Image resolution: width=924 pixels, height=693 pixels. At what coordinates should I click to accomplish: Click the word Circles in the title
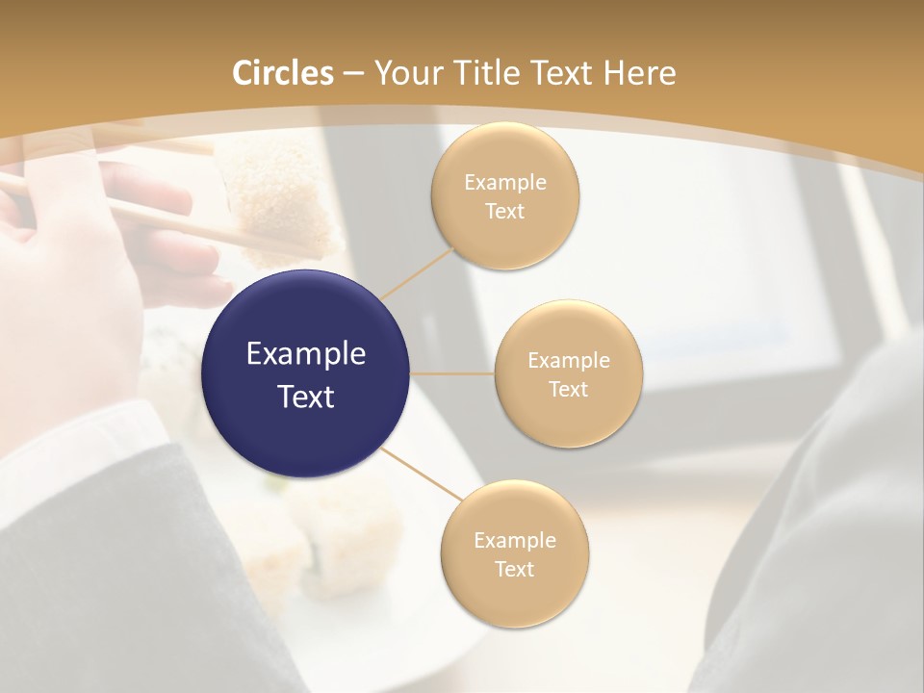click(x=283, y=73)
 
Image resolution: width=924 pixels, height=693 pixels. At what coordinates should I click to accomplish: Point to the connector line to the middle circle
click(x=452, y=372)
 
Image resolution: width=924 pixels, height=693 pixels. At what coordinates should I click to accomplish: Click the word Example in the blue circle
click(x=306, y=354)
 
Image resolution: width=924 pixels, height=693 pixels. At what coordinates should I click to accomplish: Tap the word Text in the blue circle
click(x=306, y=397)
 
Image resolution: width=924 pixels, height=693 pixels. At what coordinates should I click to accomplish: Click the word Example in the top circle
click(x=505, y=183)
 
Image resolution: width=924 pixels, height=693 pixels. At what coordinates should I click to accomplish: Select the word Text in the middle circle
click(x=568, y=390)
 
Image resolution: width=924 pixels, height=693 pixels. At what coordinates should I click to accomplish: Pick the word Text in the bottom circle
click(x=514, y=570)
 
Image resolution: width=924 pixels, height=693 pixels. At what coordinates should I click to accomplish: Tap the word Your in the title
click(x=399, y=73)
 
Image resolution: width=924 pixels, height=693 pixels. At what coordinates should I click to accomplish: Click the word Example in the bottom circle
click(x=514, y=541)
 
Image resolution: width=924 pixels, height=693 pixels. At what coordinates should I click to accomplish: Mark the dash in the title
click(x=352, y=74)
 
